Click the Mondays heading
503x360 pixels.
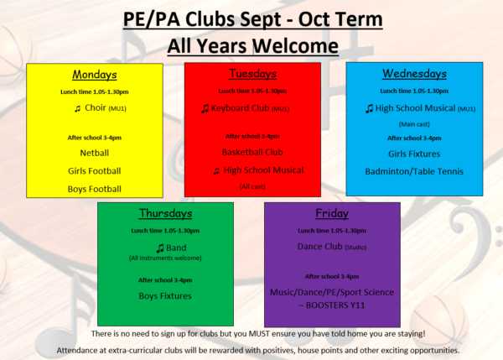pyautogui.click(x=94, y=75)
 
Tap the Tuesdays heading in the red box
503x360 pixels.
pyautogui.click(x=252, y=74)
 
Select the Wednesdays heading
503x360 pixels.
pyautogui.click(x=414, y=74)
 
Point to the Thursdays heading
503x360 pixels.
pyautogui.click(x=165, y=213)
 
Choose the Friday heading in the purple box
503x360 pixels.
pyautogui.click(x=332, y=213)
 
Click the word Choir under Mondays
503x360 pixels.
pyautogui.click(x=96, y=107)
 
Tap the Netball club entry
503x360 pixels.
pyautogui.click(x=94, y=153)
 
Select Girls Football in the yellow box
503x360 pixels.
pyautogui.click(x=94, y=171)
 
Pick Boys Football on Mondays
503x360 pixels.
pyautogui.click(x=94, y=189)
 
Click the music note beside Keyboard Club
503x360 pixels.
pyautogui.click(x=205, y=108)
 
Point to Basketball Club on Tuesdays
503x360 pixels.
pyautogui.click(x=252, y=152)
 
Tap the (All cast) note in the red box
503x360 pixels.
pyautogui.click(x=252, y=186)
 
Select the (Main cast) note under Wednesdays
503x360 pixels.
pyautogui.click(x=414, y=124)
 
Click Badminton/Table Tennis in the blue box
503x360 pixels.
pyautogui.click(x=414, y=171)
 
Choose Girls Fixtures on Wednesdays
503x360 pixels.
pyautogui.click(x=414, y=154)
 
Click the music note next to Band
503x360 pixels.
pyautogui.click(x=160, y=248)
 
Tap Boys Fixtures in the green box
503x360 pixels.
pyautogui.click(x=165, y=295)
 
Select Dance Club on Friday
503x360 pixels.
pyautogui.click(x=320, y=247)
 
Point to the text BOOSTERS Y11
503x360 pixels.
pyautogui.click(x=335, y=305)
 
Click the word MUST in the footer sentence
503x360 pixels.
pyautogui.click(x=257, y=334)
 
